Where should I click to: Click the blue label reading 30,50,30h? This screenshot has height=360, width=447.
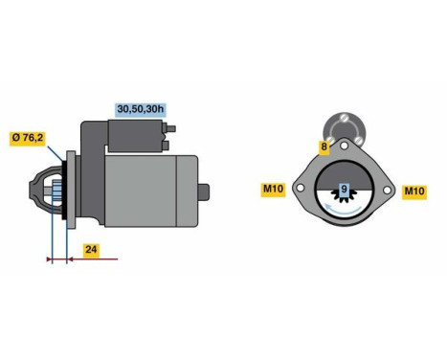click(x=140, y=109)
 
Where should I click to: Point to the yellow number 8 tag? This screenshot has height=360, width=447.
click(x=324, y=146)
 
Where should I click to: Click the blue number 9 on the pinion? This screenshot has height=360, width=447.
click(x=343, y=190)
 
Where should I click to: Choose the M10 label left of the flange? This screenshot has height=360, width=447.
click(x=274, y=190)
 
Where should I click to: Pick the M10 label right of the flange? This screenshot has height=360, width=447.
click(x=414, y=191)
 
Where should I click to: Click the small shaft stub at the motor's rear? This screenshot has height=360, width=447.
click(x=204, y=190)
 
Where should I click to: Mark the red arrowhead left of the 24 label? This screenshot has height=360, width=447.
click(x=49, y=259)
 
